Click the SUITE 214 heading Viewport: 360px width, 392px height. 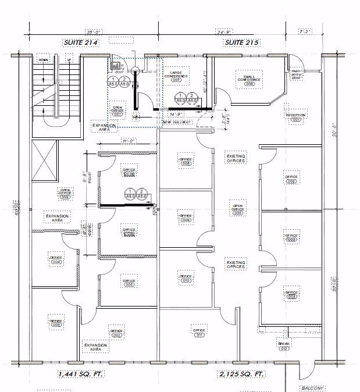81,42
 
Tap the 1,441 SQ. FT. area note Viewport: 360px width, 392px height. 80,373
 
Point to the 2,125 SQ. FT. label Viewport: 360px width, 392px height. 241,373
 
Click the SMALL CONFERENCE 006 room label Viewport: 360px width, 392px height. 250,80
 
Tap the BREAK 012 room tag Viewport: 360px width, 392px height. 284,346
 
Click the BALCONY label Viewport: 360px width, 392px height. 312,387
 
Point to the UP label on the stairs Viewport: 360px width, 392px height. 69,60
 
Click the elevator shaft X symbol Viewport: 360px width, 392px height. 45,162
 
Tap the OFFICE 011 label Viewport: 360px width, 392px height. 199,333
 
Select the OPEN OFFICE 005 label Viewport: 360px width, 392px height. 237,209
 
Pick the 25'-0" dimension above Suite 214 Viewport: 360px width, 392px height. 93,31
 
